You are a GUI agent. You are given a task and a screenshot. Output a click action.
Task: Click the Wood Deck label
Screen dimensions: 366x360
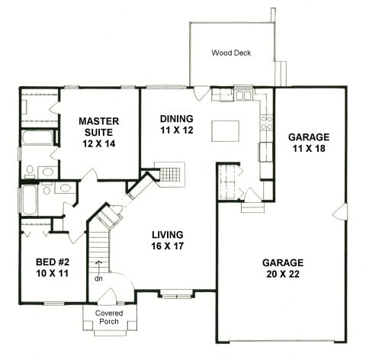tap(231, 53)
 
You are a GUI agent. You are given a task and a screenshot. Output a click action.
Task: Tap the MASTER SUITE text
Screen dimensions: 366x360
tap(99, 127)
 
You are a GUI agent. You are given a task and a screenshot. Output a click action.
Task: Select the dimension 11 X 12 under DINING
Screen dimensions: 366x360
tap(177, 130)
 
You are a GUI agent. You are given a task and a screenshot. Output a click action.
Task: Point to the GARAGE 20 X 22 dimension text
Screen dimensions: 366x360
tap(283, 274)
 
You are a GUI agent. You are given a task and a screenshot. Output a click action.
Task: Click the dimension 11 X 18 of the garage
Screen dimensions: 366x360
tap(309, 149)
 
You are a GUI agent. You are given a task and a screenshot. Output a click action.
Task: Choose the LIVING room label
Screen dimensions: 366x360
tap(168, 235)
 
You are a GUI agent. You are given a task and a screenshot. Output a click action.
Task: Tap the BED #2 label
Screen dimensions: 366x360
tap(53, 262)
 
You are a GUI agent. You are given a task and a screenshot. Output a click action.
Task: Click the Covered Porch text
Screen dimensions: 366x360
tap(109, 317)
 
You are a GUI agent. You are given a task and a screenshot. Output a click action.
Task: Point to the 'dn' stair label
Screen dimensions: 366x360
tap(98, 278)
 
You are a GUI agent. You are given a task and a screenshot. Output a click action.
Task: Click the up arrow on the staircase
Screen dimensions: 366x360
tap(98, 267)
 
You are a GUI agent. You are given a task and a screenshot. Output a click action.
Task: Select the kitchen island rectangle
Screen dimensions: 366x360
tap(225, 131)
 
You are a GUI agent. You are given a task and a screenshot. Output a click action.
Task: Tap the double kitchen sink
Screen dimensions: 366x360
tap(243, 95)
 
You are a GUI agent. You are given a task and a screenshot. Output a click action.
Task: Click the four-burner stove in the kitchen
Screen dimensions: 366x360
tap(267, 123)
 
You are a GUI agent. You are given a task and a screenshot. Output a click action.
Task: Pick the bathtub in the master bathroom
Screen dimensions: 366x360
tap(37, 137)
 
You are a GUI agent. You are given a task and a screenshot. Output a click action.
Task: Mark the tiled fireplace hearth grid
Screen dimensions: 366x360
tap(170, 175)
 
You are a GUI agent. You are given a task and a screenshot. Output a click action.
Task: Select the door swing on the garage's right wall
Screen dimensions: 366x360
tap(339, 211)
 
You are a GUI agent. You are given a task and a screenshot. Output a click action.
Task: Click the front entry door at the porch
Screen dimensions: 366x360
tap(108, 296)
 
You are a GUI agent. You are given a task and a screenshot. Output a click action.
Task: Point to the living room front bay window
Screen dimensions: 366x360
tap(177, 295)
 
